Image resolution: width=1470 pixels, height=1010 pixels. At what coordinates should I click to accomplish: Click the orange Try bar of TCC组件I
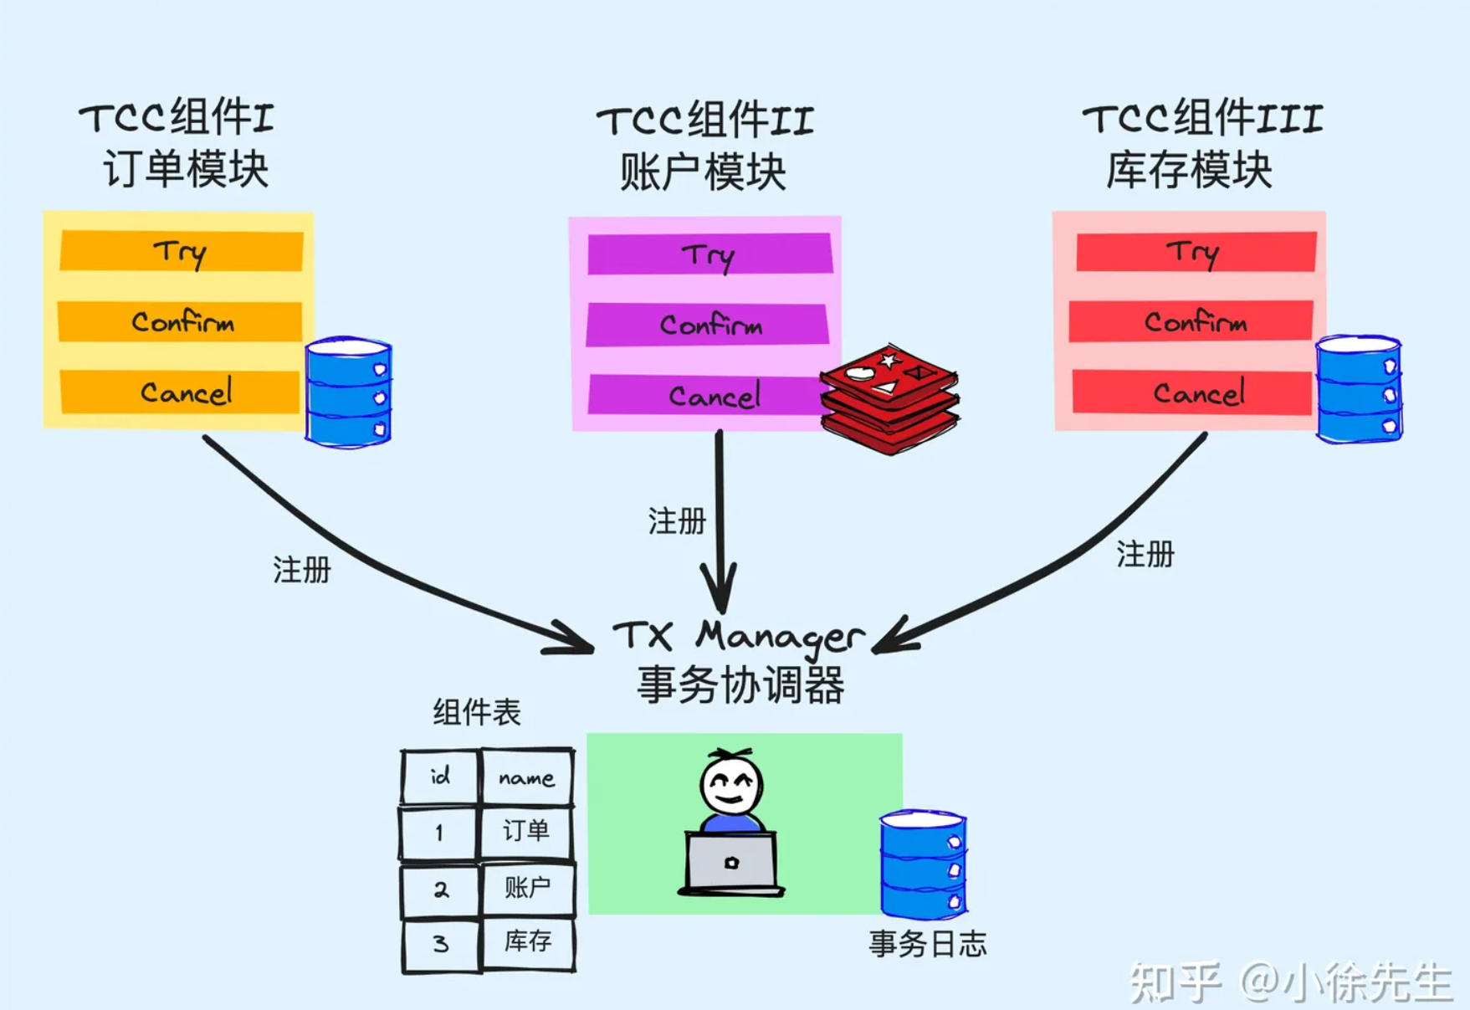pos(181,251)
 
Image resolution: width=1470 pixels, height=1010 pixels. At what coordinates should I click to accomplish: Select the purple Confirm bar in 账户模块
pos(708,325)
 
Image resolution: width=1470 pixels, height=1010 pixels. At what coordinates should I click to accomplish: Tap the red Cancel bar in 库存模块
pos(1192,392)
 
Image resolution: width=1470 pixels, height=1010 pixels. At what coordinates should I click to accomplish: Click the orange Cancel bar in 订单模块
pos(181,392)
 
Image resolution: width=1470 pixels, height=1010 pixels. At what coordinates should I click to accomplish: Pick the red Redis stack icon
pos(889,399)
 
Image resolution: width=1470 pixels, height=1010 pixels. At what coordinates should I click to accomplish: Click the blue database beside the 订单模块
pos(348,392)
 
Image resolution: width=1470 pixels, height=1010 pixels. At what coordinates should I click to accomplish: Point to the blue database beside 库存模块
pos(1358,389)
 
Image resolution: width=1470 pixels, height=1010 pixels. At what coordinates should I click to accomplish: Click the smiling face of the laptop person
pos(731,786)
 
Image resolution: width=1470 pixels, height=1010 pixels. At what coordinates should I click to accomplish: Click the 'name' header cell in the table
pos(527,777)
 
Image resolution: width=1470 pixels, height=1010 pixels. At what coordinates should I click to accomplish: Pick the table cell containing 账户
pos(527,888)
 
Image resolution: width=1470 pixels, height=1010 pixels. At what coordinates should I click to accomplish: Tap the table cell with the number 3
pos(441,945)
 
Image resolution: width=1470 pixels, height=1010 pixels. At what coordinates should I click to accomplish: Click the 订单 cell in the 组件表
pos(526,831)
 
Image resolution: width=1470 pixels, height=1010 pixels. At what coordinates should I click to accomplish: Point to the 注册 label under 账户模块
pos(677,521)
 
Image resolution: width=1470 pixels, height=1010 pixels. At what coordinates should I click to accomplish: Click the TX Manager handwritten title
pos(738,637)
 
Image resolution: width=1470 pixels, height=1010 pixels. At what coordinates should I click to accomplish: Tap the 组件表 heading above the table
pos(477,713)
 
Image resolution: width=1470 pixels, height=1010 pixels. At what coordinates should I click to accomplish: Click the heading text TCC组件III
pos(1202,119)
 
